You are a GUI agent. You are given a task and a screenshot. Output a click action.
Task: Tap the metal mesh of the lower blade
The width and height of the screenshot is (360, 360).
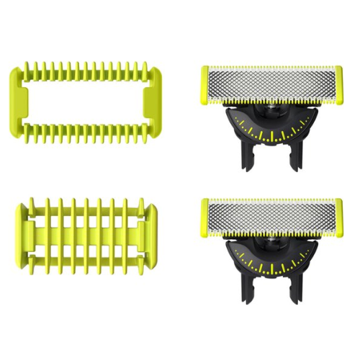click(x=271, y=217)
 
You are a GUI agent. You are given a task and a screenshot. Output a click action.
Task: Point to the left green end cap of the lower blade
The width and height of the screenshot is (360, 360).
click(x=204, y=218)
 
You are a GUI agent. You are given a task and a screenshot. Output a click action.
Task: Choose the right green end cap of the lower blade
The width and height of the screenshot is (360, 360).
click(x=338, y=217)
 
